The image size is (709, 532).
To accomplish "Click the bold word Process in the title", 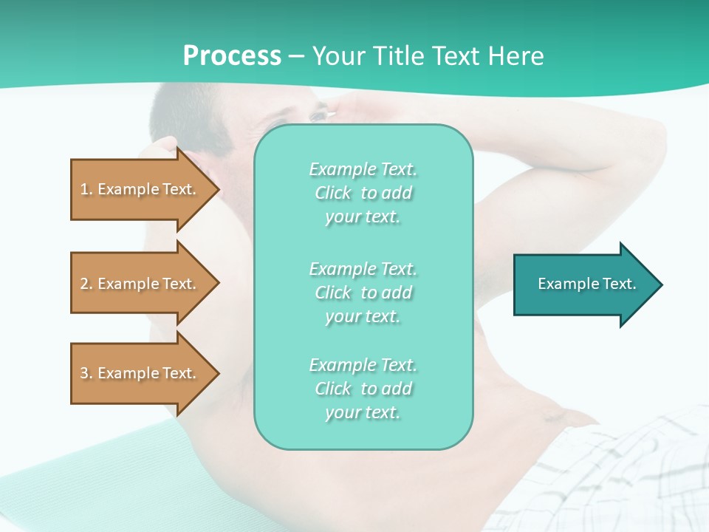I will pyautogui.click(x=232, y=56).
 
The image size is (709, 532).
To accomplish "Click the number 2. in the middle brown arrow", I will pyautogui.click(x=86, y=284).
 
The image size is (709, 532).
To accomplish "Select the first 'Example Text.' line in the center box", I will pyautogui.click(x=363, y=169).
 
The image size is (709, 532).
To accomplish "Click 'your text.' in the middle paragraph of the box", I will pyautogui.click(x=363, y=316).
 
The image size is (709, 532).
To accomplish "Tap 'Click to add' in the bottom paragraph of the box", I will pyautogui.click(x=363, y=389).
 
